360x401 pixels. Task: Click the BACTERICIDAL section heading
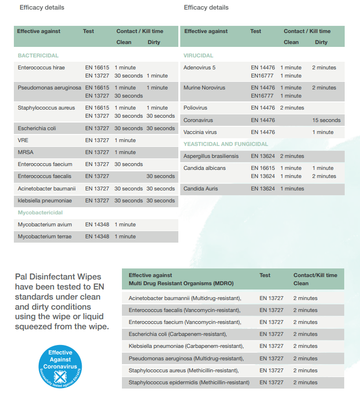pyautogui.click(x=38, y=56)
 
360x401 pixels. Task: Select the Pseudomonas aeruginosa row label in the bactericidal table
pyautogui.click(x=50, y=88)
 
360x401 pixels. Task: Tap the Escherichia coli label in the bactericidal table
pyautogui.click(x=37, y=128)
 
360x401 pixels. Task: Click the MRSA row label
pyautogui.click(x=26, y=152)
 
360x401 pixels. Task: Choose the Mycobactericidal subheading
pyautogui.click(x=40, y=212)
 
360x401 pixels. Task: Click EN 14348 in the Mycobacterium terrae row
pyautogui.click(x=97, y=236)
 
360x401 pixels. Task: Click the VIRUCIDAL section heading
pyautogui.click(x=198, y=56)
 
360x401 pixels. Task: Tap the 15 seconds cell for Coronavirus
pyautogui.click(x=327, y=120)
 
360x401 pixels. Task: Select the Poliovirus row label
pyautogui.click(x=196, y=108)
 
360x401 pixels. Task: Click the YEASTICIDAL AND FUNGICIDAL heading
pyautogui.click(x=226, y=144)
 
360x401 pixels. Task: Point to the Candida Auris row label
pyautogui.click(x=201, y=189)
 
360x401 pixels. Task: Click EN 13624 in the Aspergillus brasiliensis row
pyautogui.click(x=263, y=156)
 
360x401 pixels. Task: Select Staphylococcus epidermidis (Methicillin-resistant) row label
pyautogui.click(x=189, y=382)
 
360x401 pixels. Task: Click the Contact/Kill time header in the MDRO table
pyautogui.click(x=315, y=275)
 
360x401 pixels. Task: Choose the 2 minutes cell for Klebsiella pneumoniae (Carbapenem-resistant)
pyautogui.click(x=305, y=346)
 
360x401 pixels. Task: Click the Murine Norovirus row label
pyautogui.click(x=204, y=88)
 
